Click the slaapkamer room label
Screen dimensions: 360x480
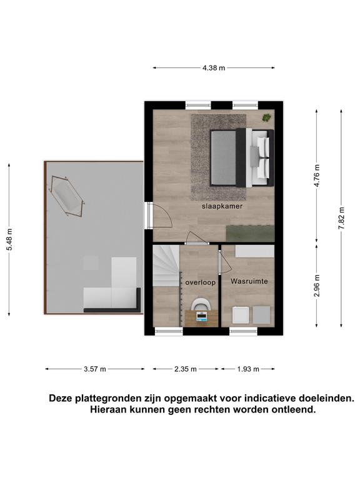click(x=222, y=206)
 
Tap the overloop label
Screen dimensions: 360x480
click(x=201, y=282)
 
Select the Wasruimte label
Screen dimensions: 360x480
click(x=249, y=281)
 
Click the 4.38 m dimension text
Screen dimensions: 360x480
click(x=214, y=68)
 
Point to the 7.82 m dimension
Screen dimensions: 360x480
click(x=342, y=218)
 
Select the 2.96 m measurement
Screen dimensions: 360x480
click(x=317, y=286)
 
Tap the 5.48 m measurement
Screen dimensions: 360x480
click(x=9, y=239)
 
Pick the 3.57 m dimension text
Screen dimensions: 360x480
click(x=95, y=369)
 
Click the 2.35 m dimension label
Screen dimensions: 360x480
click(x=186, y=369)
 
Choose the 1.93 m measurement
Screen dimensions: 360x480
click(x=248, y=369)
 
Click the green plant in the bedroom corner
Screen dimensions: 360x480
click(x=266, y=117)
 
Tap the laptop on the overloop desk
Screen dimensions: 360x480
click(x=202, y=316)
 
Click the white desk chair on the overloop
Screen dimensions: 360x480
click(x=201, y=304)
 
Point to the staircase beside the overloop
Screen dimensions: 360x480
click(x=166, y=266)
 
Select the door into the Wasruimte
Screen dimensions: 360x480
click(x=225, y=262)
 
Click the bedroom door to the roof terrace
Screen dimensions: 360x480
click(x=160, y=216)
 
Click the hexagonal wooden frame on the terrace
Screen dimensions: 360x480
click(x=66, y=196)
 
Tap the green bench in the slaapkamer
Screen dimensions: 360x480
click(x=250, y=233)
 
